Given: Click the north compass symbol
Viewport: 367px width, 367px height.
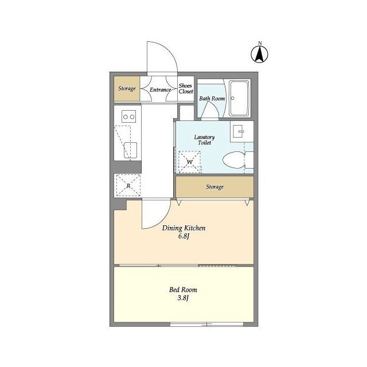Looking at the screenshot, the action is tap(260, 53).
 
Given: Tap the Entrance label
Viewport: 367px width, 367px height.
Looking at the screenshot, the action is tap(161, 90).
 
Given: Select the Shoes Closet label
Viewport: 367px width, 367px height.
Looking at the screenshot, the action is tap(186, 89).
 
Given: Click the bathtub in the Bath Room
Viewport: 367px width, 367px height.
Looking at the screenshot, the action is tap(239, 98).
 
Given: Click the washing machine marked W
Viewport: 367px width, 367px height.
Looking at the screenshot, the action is tap(190, 162).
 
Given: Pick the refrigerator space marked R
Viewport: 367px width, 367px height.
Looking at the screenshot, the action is tap(128, 185).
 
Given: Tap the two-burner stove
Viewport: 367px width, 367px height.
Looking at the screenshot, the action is tap(128, 116).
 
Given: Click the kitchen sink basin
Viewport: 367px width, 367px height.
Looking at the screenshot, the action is tap(130, 150).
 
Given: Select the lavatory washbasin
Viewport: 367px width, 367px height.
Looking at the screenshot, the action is tap(239, 131).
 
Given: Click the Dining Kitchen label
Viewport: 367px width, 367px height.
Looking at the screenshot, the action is tap(183, 228).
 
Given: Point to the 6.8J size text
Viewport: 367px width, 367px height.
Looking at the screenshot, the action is tap(183, 236).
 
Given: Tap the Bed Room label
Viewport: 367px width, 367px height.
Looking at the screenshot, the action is tap(183, 290).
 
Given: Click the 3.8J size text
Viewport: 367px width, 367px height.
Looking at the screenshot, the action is tap(183, 298).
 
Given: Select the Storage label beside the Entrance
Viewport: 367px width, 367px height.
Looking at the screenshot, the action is tap(127, 88).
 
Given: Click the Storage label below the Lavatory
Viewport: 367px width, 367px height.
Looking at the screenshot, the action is tap(214, 187).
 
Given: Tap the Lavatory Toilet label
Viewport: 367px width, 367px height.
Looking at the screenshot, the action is tap(204, 140).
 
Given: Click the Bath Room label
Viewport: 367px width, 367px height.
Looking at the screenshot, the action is tap(212, 99).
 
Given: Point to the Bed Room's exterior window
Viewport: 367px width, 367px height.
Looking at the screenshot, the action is tap(206, 325).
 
